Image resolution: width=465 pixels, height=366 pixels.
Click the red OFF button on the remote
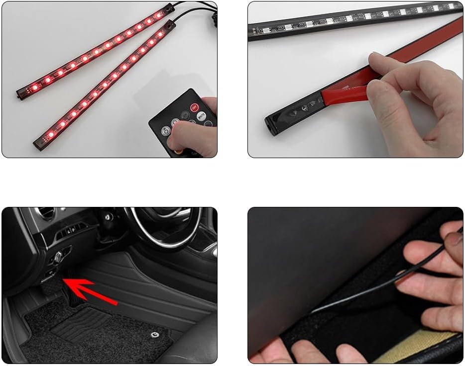coord(194,107)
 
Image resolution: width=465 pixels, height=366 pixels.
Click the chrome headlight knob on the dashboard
coord(58,257)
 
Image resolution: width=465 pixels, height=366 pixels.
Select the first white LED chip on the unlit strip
coord(265,30)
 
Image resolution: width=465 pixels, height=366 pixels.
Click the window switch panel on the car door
coord(70,232)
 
